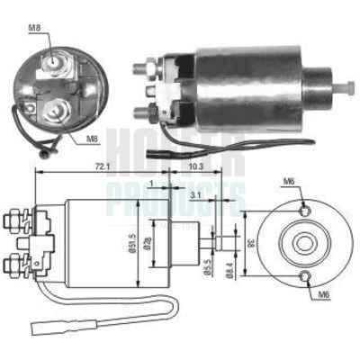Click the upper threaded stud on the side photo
click(x=144, y=67)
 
